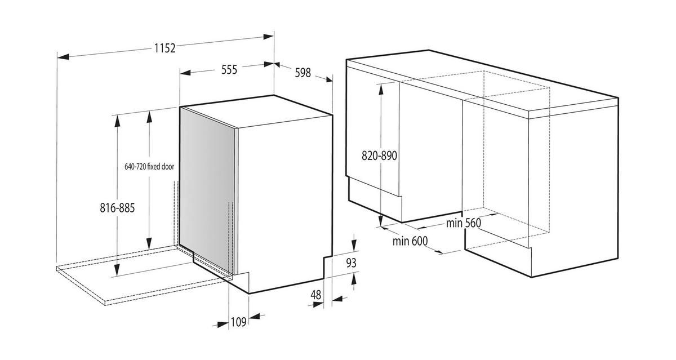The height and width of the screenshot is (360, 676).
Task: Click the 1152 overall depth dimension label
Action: [x=165, y=48]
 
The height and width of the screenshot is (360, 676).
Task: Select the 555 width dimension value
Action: [x=229, y=70]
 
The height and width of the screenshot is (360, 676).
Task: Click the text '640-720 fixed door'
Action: [x=149, y=167]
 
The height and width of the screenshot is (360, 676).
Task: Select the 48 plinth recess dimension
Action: [x=315, y=295]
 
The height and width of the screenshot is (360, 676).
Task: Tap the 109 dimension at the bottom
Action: [x=239, y=322]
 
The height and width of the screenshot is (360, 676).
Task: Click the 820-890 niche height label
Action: [x=380, y=156]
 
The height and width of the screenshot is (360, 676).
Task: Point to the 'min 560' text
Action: [x=464, y=223]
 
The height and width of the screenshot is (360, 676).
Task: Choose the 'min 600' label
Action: [x=410, y=241]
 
